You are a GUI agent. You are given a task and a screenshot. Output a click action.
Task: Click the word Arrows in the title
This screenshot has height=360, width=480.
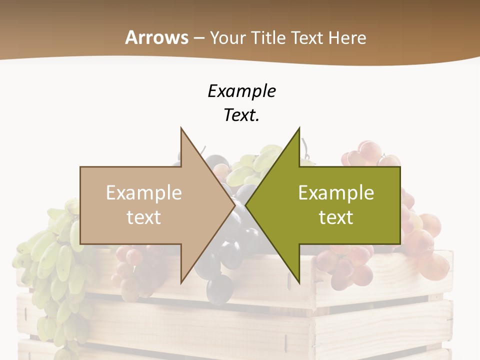(157, 37)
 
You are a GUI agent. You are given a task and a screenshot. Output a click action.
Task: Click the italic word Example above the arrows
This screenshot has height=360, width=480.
(241, 91)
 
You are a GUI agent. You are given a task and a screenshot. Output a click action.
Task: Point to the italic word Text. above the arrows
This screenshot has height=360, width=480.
(241, 115)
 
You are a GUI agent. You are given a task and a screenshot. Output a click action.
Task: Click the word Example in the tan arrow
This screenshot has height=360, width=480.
(144, 193)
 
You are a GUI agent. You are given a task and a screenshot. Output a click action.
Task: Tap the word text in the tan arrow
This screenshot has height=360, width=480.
(144, 217)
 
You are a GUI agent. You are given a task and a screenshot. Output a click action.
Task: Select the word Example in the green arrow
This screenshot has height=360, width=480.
(336, 193)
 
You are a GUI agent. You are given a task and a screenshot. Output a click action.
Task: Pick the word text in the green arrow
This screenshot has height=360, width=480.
(336, 217)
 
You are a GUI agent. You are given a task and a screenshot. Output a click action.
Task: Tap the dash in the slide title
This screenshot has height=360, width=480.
(198, 38)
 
